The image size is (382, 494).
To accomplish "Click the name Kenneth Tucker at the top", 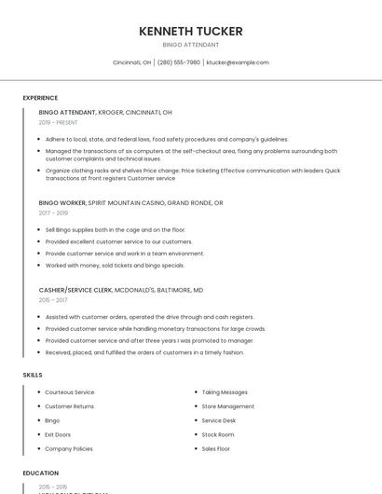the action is click(x=190, y=31).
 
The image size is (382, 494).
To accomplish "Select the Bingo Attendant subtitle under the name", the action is click(x=190, y=45).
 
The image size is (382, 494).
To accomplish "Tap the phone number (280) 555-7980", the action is click(x=179, y=62).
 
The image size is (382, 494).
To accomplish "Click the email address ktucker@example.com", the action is click(x=238, y=62).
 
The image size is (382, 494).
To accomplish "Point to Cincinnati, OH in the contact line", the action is click(x=131, y=62).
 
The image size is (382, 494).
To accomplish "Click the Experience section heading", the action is click(x=40, y=98).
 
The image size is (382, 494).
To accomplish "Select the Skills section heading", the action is click(x=33, y=375).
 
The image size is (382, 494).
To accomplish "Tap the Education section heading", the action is click(x=41, y=473).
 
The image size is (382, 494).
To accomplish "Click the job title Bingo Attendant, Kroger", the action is click(x=105, y=112).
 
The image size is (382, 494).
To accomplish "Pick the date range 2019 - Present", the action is click(x=58, y=122).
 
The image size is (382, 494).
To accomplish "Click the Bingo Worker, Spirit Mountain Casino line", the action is click(x=130, y=202).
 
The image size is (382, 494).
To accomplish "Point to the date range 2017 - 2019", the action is click(x=53, y=213).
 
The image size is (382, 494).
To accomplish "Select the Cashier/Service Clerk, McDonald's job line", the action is click(x=121, y=290).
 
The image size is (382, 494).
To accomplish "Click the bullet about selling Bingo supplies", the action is click(x=116, y=229).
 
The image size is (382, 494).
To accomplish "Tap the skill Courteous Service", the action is click(x=70, y=392).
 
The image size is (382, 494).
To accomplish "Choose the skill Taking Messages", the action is click(x=225, y=392).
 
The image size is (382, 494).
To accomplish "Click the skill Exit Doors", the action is click(x=58, y=434).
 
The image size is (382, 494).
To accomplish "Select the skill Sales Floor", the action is click(x=216, y=448).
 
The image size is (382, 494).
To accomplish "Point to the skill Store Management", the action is click(x=228, y=406).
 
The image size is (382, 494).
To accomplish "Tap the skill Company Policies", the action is click(x=69, y=448).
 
